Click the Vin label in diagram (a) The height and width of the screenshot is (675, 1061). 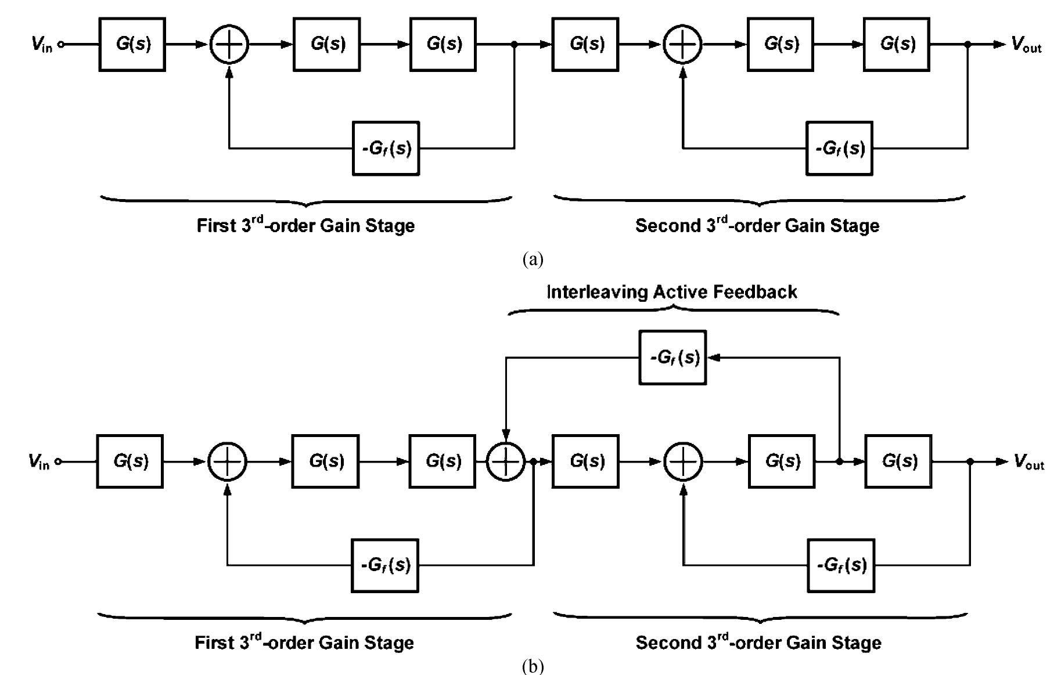pyautogui.click(x=41, y=44)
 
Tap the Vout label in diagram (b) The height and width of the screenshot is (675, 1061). pyautogui.click(x=1028, y=462)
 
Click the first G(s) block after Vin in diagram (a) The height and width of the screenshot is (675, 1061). pyautogui.click(x=132, y=44)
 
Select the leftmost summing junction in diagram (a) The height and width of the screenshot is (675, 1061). pyautogui.click(x=229, y=44)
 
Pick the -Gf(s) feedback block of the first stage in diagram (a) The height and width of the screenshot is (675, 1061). pyautogui.click(x=386, y=149)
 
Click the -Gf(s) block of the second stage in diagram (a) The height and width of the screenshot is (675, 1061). pyautogui.click(x=839, y=149)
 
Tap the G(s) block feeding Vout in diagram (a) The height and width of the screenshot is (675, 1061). pyautogui.click(x=896, y=44)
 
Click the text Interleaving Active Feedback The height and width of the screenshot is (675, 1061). pyautogui.click(x=671, y=291)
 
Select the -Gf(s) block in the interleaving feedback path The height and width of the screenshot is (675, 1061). pyautogui.click(x=672, y=358)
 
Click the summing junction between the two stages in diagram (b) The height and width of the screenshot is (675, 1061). pyautogui.click(x=505, y=462)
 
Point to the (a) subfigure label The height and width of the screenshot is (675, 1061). pyautogui.click(x=533, y=259)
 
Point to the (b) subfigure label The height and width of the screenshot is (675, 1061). pyautogui.click(x=533, y=666)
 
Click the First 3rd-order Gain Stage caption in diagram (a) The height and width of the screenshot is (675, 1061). pyautogui.click(x=305, y=225)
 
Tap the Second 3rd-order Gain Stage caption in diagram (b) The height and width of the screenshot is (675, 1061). pyautogui.click(x=758, y=642)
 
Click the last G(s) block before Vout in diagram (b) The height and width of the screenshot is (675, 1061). pyautogui.click(x=898, y=461)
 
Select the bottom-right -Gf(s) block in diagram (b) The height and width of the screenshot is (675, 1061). pyautogui.click(x=841, y=565)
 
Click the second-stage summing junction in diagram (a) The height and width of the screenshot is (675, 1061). pyautogui.click(x=682, y=44)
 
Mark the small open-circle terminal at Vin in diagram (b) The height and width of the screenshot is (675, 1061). pyautogui.click(x=59, y=462)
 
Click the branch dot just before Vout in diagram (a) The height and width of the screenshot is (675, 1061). pyautogui.click(x=968, y=44)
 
